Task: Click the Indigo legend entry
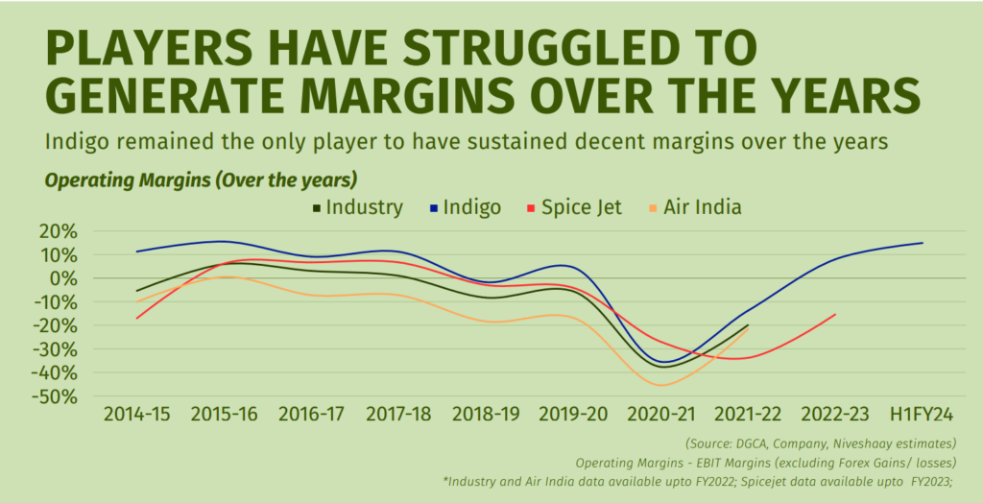pos(466,207)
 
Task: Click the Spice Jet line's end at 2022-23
pos(835,314)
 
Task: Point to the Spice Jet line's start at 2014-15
pos(137,318)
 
